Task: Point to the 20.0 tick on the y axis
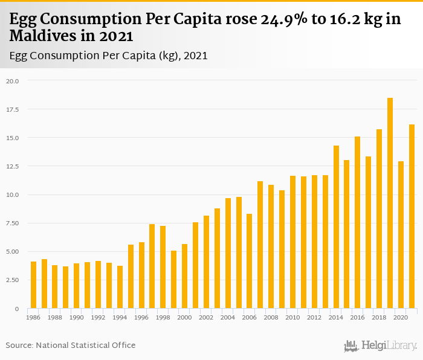point(13,81)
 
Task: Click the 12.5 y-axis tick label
point(13,167)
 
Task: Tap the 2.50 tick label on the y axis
point(13,280)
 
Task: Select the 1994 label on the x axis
point(120,317)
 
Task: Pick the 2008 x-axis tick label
point(271,317)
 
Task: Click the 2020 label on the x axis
point(401,317)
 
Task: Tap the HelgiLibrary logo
point(381,346)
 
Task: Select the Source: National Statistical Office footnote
point(71,345)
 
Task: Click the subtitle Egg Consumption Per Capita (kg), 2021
point(109,56)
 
